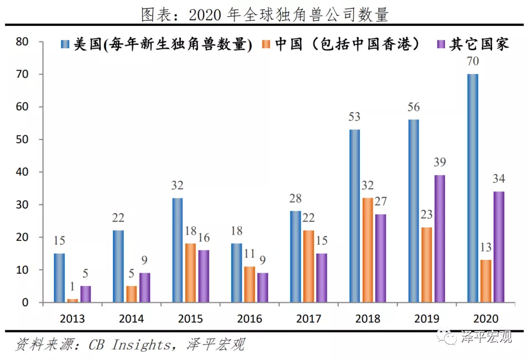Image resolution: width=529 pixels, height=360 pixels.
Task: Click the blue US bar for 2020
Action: point(473,188)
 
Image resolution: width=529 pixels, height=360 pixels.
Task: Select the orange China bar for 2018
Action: point(367,250)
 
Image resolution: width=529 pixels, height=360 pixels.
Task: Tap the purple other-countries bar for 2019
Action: point(440,239)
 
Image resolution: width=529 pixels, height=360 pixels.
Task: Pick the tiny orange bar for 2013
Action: point(72,301)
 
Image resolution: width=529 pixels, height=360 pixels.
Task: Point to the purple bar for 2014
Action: point(144,287)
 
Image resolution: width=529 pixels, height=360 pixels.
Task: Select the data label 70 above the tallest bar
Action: point(473,62)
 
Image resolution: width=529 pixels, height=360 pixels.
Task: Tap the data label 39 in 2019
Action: point(441,162)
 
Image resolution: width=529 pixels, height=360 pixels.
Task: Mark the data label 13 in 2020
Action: point(486,247)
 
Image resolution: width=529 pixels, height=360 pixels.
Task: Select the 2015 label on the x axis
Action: point(190,319)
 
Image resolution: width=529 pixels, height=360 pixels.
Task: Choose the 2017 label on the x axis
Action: point(309,319)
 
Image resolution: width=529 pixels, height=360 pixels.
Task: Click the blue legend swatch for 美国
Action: point(64,44)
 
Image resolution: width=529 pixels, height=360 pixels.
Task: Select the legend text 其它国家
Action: point(479,44)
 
